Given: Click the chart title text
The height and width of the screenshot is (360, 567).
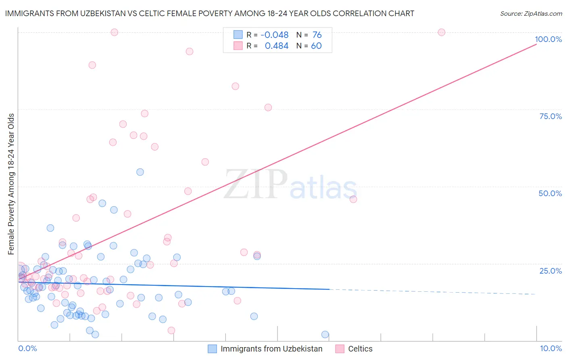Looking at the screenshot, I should coord(209,14).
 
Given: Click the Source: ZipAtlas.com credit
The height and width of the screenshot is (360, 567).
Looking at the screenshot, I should coord(531,14).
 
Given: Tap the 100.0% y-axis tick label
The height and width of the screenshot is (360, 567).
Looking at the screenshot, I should coord(548,39).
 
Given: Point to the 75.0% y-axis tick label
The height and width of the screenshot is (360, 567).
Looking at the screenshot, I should coord(550,116).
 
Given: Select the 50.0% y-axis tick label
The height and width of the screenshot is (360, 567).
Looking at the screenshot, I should coord(550,193).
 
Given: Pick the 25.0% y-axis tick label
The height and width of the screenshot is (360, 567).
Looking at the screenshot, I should coord(550,271).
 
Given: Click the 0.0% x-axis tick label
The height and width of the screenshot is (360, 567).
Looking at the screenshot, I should coord(27,348).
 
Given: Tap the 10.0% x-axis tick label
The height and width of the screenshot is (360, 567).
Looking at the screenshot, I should coord(550,348).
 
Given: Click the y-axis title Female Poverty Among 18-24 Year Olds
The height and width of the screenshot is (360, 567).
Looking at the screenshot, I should coord(11,184).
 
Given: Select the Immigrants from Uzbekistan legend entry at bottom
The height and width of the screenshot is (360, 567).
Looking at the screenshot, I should coord(271,349).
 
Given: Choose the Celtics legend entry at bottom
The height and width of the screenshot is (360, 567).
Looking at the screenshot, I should coord(360,349).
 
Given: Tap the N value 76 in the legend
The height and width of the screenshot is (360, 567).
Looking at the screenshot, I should coord(317,35).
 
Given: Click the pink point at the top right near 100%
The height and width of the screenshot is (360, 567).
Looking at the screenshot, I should coord(441,32).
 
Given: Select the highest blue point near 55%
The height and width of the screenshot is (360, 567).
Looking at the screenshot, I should coord(140,172).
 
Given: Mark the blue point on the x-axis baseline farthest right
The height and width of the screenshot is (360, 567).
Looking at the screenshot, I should coord(325,335).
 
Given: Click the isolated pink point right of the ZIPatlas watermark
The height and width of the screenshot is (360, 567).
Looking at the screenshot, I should coord(353,199).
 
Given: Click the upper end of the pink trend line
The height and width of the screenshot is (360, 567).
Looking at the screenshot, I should coord(536,44).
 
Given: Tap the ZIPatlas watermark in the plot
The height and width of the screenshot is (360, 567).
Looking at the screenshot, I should coord(290,185).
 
